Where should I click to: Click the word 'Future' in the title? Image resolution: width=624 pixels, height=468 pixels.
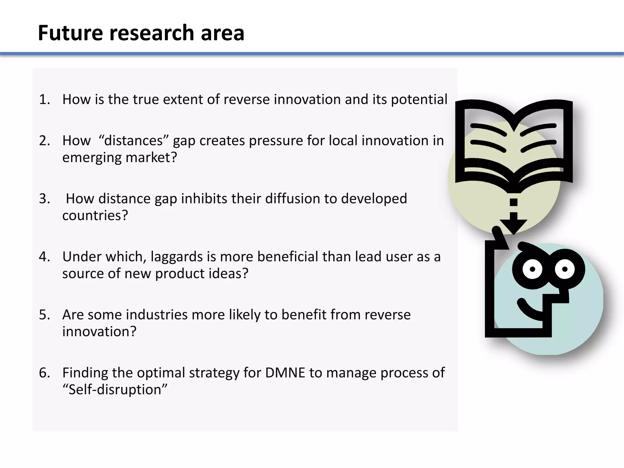(x=70, y=33)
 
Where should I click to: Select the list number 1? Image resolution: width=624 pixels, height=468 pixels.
(x=44, y=100)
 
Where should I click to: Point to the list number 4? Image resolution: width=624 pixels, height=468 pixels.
(x=44, y=257)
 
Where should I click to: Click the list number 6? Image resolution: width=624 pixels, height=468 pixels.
(x=44, y=373)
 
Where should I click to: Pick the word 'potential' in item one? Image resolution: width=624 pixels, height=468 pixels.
(x=419, y=100)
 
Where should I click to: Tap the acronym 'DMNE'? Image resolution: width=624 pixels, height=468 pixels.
(x=285, y=373)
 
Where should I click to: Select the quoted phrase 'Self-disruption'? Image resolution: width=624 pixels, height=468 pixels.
(x=115, y=390)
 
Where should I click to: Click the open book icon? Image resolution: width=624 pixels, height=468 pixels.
(x=514, y=143)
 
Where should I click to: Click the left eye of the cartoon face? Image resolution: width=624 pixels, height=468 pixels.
(x=532, y=269)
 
